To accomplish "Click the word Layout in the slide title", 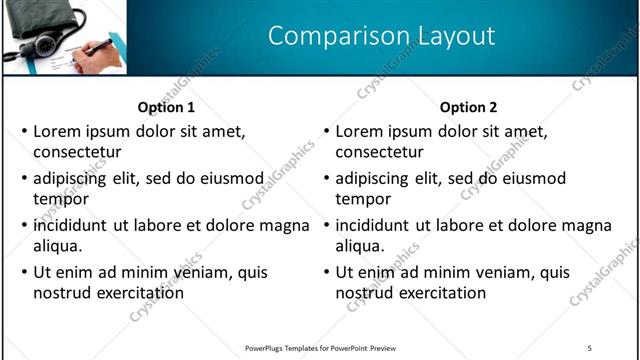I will pyautogui.click(x=448, y=36).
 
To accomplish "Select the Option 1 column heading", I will pyautogui.click(x=165, y=107).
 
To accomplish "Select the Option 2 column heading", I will pyautogui.click(x=468, y=107).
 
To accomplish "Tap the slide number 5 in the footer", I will pyautogui.click(x=589, y=347).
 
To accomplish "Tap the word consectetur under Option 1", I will pyautogui.click(x=77, y=152).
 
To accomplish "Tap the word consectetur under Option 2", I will pyautogui.click(x=379, y=152).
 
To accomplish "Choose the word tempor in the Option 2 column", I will pyautogui.click(x=363, y=199).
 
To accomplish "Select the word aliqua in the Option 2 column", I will pyautogui.click(x=361, y=246).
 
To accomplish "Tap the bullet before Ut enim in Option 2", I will pyautogui.click(x=327, y=272).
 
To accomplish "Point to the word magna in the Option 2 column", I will pyautogui.click(x=587, y=225).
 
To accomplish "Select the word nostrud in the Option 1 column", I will pyautogui.click(x=64, y=293).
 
